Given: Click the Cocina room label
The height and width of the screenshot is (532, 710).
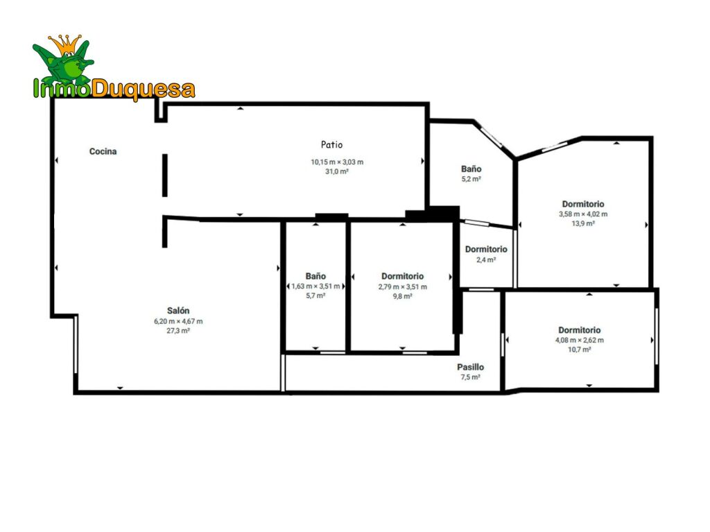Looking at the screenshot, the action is pos(103,151).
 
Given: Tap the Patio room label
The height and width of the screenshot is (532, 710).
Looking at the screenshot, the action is pos(332,144).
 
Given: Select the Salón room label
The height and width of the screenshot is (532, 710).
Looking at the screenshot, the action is pos(178,311).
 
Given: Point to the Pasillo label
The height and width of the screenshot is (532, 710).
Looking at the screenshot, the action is pos(470,367).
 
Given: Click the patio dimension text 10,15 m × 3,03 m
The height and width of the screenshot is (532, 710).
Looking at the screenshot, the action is pos(337,162).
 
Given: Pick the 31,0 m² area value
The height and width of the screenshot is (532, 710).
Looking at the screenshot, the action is pos(337,171).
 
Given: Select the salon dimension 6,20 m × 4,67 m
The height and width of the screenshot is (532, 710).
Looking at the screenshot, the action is pos(178,321).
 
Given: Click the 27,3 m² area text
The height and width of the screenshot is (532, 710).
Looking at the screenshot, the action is pos(178,331).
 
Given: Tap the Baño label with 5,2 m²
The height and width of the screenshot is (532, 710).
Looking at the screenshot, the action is pos(471,169).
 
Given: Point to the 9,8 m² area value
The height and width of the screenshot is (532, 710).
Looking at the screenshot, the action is pos(403,296).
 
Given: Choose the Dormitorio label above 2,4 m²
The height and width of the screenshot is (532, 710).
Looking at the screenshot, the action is pos(486,249).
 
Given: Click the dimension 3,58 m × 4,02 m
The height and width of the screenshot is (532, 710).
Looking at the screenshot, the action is pos(583,214).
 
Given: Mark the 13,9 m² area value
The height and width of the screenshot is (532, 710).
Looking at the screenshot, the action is pos(583,223).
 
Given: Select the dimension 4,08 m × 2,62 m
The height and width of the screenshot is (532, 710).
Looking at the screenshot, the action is pos(580,340).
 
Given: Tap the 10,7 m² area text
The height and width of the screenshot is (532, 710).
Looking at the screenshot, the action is pos(580,350).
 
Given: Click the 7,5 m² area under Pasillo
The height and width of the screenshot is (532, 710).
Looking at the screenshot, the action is pos(471,377).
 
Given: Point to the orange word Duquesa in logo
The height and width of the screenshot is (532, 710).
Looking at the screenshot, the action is pos(144,89).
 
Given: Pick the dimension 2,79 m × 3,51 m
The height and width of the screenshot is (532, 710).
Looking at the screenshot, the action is pos(403,286).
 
